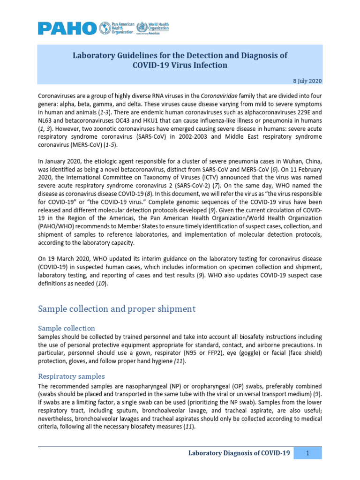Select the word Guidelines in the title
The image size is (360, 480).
135,55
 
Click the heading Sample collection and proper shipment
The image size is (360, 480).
116,309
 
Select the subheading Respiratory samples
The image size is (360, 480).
71,376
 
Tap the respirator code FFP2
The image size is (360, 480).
228,353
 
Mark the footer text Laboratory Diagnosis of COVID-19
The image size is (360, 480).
239,453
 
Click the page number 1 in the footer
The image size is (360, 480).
307,453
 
